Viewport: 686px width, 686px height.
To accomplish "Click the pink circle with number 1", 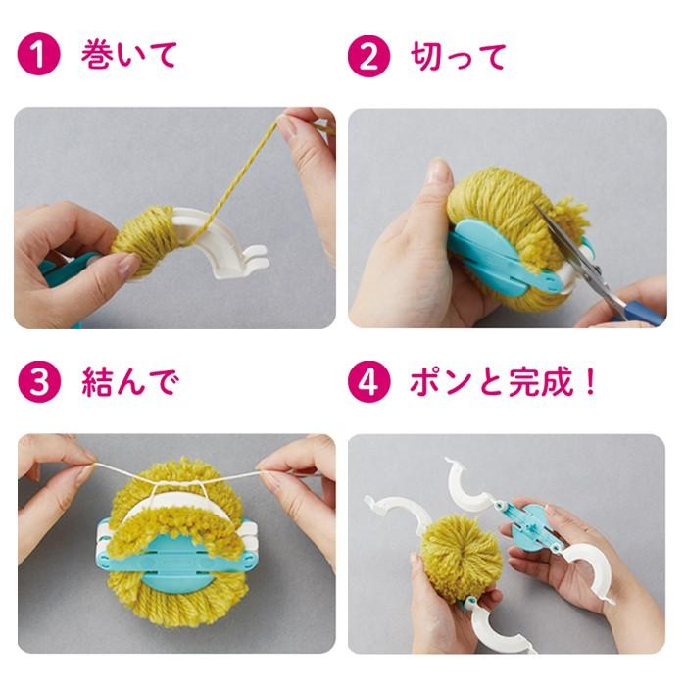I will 37,56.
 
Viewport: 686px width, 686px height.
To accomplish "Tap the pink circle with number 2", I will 367,56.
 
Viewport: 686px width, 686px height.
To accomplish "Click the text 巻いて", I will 128,56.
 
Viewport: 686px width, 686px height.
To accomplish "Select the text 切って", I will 459,56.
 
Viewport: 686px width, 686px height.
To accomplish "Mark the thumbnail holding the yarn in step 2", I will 439,174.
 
